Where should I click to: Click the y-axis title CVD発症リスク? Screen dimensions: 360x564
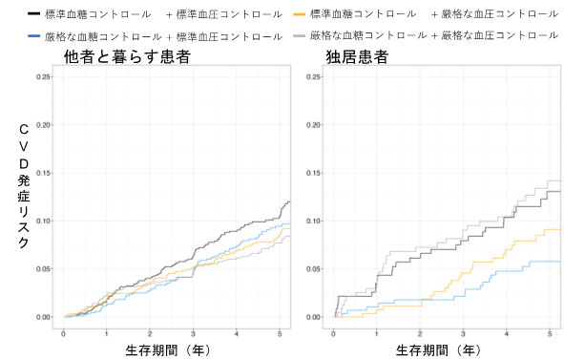point(24,186)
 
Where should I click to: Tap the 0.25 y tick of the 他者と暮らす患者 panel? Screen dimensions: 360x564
point(43,77)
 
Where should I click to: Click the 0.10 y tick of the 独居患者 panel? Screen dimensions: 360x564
point(314,221)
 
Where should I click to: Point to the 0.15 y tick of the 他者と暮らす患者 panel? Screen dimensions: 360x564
point(43,173)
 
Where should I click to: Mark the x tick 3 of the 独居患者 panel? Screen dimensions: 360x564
point(462,333)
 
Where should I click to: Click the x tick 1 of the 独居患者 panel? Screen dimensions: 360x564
point(376,333)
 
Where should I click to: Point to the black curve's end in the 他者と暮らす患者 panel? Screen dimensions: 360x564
point(290,201)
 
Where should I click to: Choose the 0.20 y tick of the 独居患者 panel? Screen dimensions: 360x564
point(314,125)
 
